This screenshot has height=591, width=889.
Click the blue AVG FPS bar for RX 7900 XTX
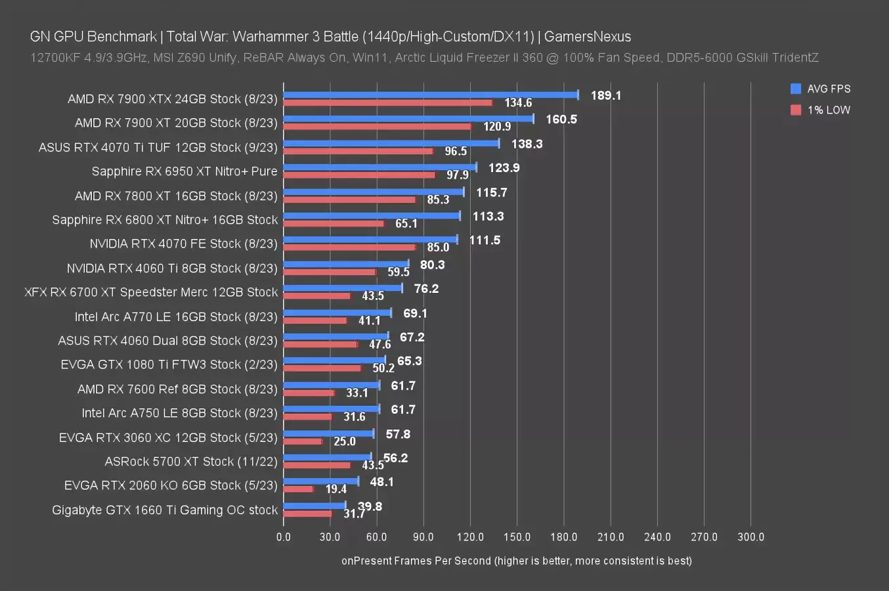(430, 95)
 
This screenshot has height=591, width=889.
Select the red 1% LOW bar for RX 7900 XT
(377, 126)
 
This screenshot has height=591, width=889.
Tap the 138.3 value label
(527, 144)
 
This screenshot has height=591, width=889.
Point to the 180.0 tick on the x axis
(563, 537)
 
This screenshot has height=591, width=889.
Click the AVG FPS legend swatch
(796, 89)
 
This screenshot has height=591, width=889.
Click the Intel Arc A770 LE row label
(176, 317)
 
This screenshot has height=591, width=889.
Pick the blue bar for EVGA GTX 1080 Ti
(334, 360)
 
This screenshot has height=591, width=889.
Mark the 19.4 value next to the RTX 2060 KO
(336, 489)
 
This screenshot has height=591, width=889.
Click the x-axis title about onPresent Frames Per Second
(516, 561)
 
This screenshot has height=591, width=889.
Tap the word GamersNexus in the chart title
(587, 37)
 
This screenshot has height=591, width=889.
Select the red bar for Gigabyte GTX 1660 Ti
(307, 514)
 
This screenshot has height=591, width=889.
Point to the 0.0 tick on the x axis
(284, 537)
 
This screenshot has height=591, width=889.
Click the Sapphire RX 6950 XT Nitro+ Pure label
(184, 171)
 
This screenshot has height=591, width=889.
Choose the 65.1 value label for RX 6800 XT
(406, 224)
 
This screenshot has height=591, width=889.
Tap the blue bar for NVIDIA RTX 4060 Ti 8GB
(346, 264)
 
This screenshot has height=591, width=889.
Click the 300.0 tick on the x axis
(750, 537)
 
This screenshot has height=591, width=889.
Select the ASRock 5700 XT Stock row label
(191, 462)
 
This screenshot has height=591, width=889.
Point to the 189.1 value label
(605, 95)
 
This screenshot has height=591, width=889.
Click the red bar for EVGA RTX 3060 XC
(303, 441)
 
